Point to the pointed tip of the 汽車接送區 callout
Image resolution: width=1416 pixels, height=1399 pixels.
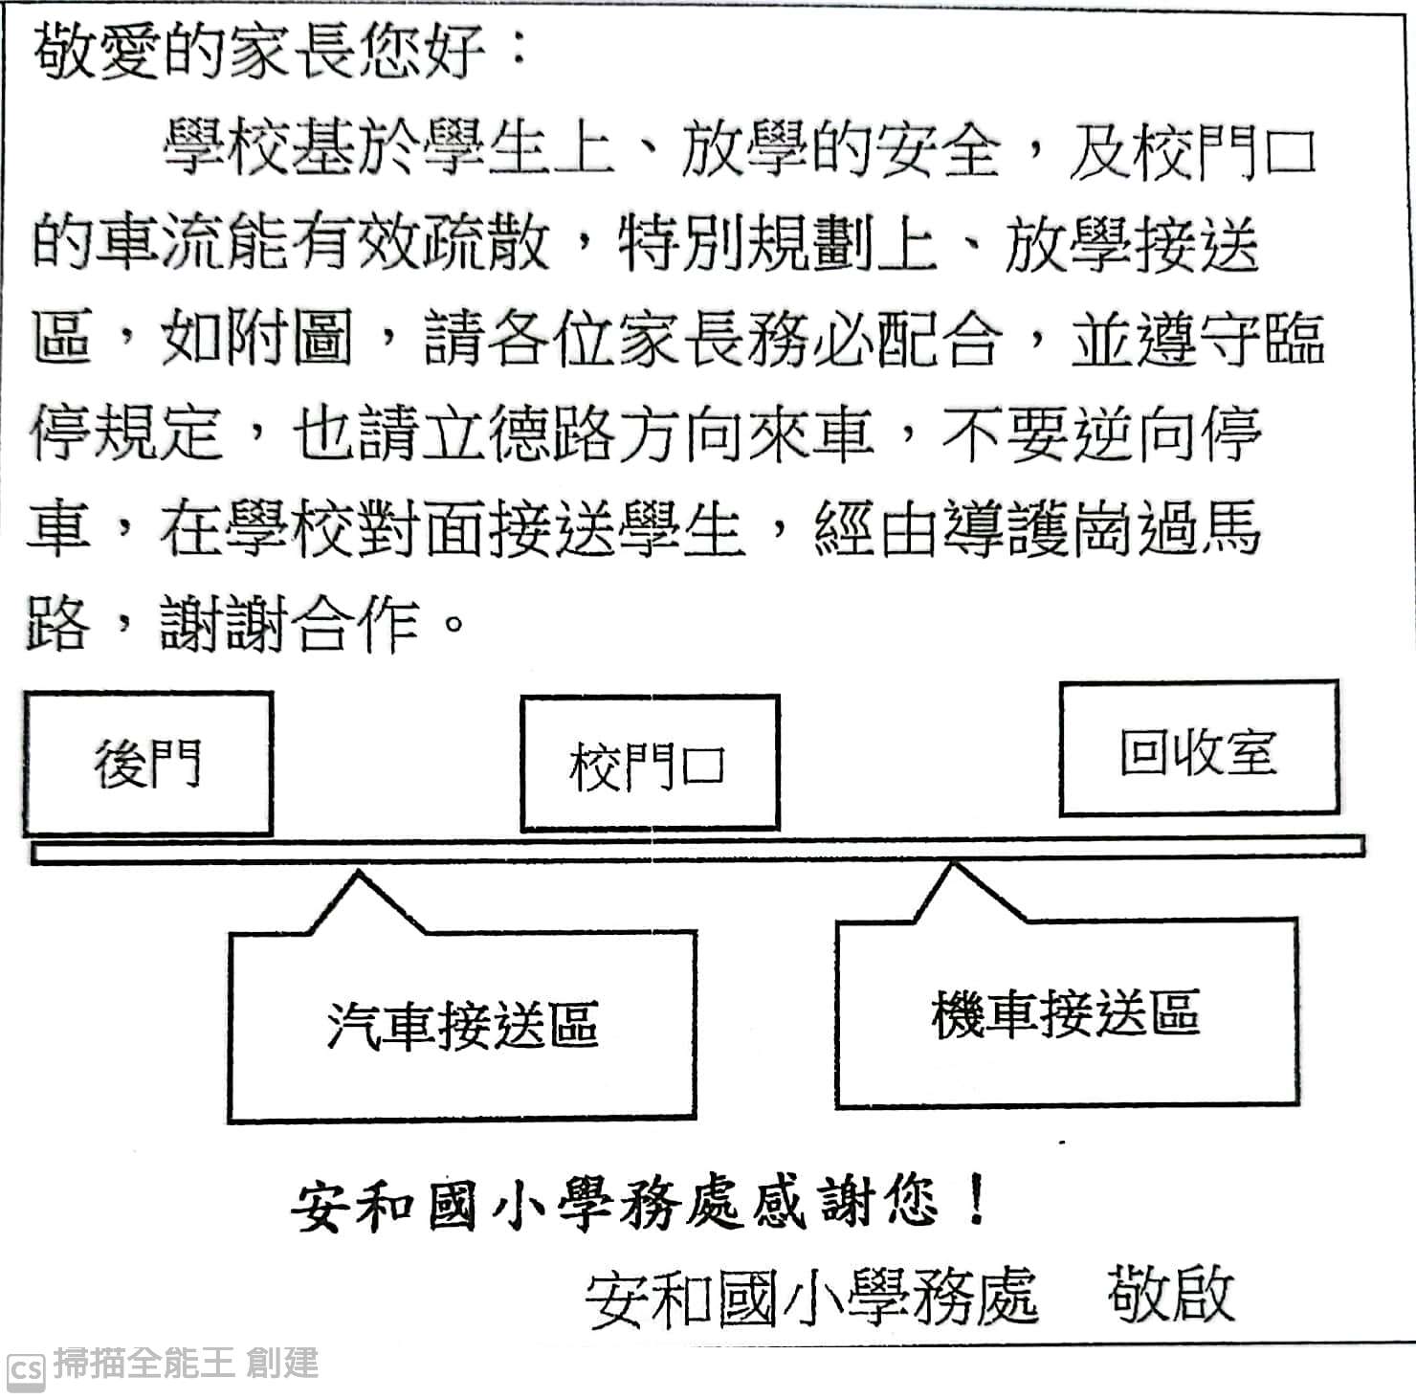point(358,872)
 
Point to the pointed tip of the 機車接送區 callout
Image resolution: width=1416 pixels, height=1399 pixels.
point(952,864)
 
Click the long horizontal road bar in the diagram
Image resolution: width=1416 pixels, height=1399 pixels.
point(697,850)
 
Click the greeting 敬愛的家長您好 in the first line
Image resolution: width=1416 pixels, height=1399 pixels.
point(259,50)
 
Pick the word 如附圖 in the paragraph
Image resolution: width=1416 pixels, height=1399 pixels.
point(256,338)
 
